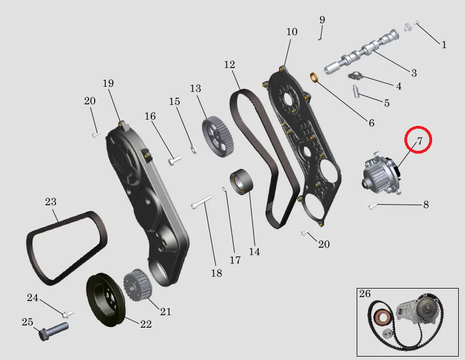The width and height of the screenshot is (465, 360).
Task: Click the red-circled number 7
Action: [419, 141]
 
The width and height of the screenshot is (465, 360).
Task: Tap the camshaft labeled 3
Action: [361, 52]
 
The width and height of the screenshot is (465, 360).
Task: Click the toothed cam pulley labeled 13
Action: [218, 137]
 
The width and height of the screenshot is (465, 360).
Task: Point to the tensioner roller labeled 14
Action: [241, 181]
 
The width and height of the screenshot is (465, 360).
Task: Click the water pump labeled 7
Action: [381, 172]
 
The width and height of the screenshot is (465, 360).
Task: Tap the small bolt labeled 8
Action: [373, 206]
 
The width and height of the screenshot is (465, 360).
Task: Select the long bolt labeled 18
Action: [201, 202]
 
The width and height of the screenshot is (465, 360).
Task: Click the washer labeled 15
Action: [193, 150]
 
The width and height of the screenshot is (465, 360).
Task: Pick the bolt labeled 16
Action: [175, 160]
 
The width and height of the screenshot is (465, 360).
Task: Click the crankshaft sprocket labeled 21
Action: [138, 285]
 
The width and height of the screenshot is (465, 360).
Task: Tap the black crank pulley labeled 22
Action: [106, 300]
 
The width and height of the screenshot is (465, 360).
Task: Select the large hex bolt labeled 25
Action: [54, 331]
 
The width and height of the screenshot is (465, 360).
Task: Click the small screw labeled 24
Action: [68, 314]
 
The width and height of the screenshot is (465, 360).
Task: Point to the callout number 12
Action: [230, 65]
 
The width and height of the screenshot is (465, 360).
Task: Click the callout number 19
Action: [108, 83]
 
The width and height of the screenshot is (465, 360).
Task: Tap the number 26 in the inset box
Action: [365, 294]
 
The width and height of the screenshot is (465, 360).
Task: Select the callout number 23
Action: [50, 202]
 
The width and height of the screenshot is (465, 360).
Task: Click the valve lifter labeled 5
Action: [356, 91]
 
